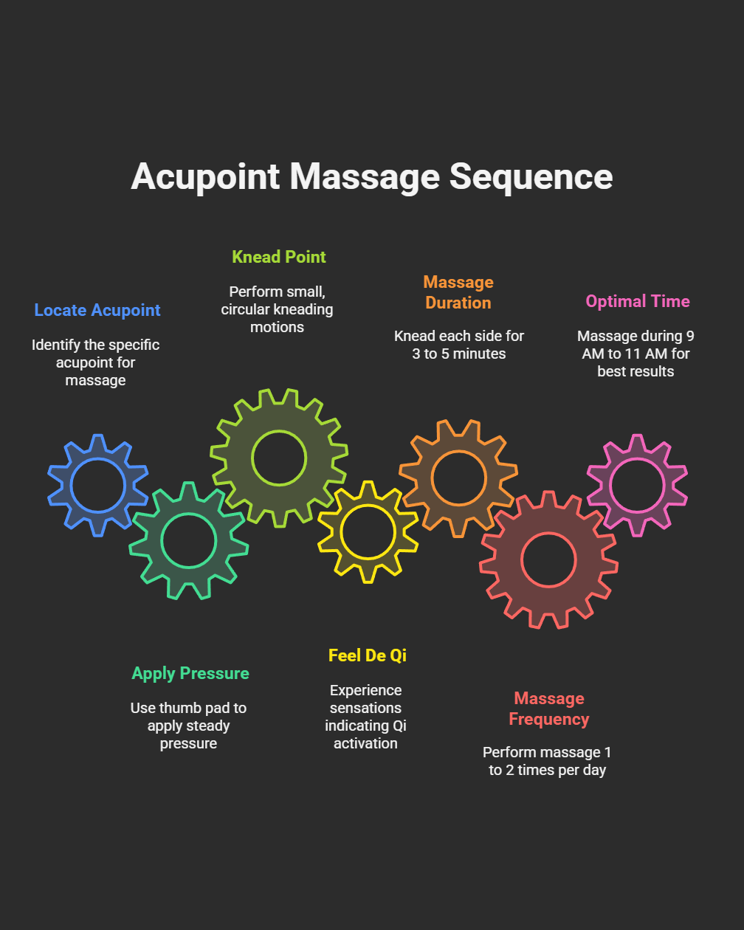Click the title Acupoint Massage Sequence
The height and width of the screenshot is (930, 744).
click(x=371, y=177)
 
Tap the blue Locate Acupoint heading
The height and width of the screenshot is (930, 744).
click(x=97, y=310)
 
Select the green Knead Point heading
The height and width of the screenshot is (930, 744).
click(x=279, y=257)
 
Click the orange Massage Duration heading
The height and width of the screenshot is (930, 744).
click(x=458, y=292)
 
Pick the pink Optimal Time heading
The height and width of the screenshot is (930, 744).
click(x=638, y=301)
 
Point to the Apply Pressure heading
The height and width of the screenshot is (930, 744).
click(x=190, y=673)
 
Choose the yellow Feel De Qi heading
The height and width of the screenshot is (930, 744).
click(x=368, y=655)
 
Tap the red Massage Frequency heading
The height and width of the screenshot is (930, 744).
click(x=549, y=709)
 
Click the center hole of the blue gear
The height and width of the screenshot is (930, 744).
click(x=98, y=486)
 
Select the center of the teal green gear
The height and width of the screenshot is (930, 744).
click(x=189, y=540)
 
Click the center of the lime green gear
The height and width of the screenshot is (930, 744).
click(x=279, y=458)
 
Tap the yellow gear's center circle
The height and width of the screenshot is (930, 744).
click(x=368, y=531)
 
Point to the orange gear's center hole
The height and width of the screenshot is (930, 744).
click(x=459, y=478)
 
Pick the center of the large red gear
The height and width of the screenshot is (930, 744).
click(x=548, y=559)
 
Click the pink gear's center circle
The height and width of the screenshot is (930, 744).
click(x=637, y=485)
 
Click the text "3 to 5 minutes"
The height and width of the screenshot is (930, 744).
click(x=459, y=354)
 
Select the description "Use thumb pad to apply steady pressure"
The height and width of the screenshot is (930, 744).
click(x=188, y=726)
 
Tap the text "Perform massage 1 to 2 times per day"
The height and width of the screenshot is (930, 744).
click(x=547, y=761)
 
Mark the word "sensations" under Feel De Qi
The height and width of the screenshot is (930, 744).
click(x=365, y=708)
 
